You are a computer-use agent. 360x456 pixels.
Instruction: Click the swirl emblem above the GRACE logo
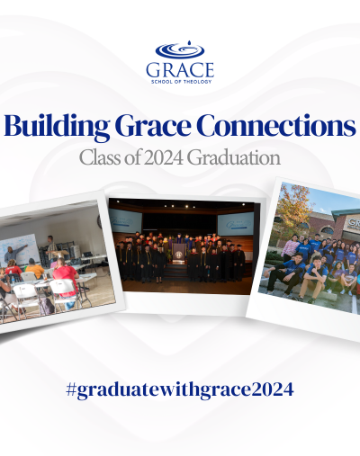[180, 49]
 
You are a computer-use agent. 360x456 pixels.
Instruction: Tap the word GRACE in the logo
[180, 70]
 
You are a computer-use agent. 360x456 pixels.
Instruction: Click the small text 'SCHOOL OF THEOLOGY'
[182, 82]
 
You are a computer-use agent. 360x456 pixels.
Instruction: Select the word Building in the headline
[57, 126]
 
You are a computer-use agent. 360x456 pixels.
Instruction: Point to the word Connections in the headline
[276, 125]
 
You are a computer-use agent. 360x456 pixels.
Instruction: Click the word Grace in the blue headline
[153, 126]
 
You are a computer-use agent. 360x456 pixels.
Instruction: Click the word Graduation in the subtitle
[234, 157]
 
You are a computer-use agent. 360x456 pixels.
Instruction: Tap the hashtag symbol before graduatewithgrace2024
[70, 389]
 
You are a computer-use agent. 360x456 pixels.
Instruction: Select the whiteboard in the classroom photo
[20, 250]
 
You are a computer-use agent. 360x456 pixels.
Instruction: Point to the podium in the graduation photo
[179, 253]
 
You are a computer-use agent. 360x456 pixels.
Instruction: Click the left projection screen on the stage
[125, 221]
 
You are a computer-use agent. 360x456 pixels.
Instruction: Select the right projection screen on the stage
[236, 224]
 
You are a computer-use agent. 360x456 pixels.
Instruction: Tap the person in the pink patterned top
[290, 249]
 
